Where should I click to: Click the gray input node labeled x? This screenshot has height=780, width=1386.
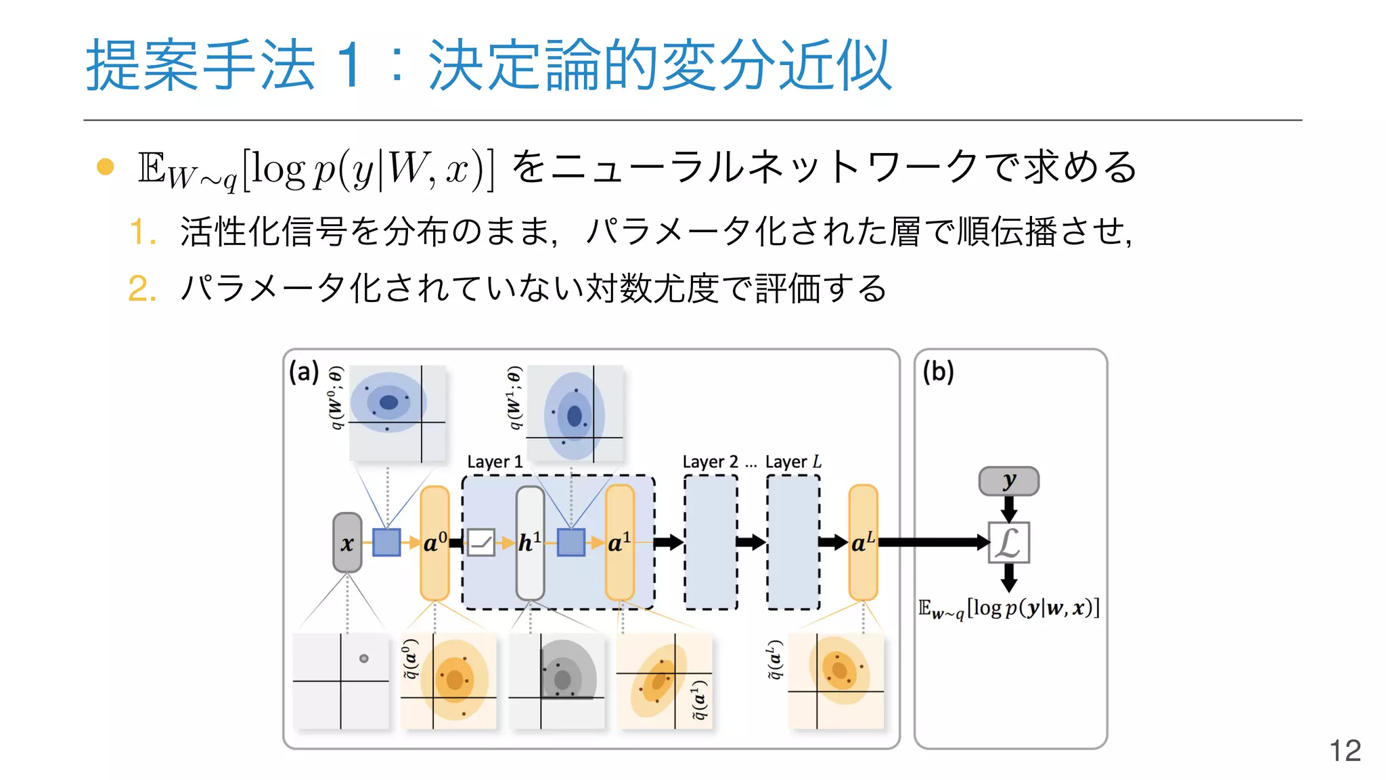pos(347,542)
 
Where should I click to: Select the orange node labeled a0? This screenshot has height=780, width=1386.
pos(434,542)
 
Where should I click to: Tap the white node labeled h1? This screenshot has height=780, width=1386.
pos(530,542)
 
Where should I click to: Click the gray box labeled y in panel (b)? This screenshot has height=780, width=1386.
pos(1008,481)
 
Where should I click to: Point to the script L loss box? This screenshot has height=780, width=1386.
pos(1008,542)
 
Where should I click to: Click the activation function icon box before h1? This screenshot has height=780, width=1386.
pos(481,542)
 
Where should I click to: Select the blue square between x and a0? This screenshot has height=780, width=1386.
pos(386,542)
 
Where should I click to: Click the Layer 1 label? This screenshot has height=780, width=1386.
pos(495,462)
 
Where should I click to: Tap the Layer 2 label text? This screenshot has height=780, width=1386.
pos(710,462)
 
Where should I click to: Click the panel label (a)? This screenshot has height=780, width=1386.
pos(303,372)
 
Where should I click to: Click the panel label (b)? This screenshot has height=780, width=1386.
pos(938,372)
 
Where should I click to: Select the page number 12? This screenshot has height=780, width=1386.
pos(1345,750)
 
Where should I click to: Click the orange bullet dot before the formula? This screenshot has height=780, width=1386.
pos(106,167)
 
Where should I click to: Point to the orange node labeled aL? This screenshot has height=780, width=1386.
pos(863,542)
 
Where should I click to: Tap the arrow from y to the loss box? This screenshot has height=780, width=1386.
pos(1008,508)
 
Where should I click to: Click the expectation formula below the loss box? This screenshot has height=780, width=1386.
pos(1008,609)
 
